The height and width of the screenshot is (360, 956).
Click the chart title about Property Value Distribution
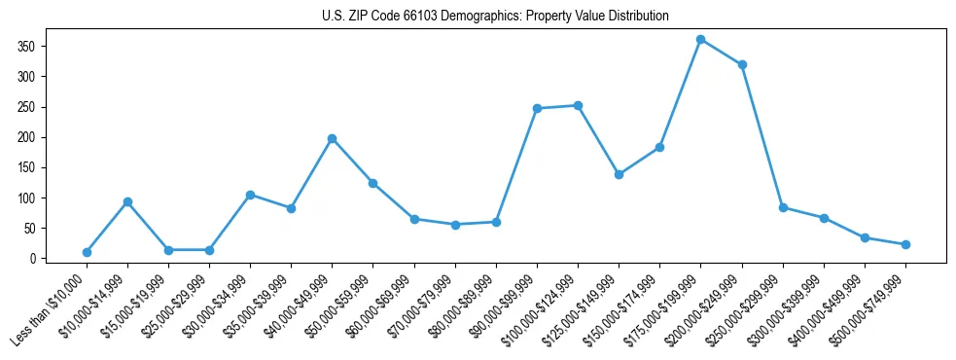(495, 17)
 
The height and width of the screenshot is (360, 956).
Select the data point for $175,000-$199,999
(700, 40)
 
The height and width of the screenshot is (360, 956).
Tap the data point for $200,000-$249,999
(742, 64)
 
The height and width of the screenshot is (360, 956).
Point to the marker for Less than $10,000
(87, 252)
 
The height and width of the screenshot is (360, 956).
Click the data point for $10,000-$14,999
(127, 201)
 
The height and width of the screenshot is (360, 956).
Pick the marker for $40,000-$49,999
(332, 138)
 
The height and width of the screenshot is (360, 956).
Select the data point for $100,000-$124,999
(578, 105)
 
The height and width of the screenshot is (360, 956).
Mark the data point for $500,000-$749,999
(905, 244)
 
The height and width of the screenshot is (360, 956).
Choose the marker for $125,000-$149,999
(619, 174)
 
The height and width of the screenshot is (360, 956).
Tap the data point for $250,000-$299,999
(783, 207)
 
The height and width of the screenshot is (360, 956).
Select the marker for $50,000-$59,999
(372, 183)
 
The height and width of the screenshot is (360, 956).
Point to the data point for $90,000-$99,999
(537, 108)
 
